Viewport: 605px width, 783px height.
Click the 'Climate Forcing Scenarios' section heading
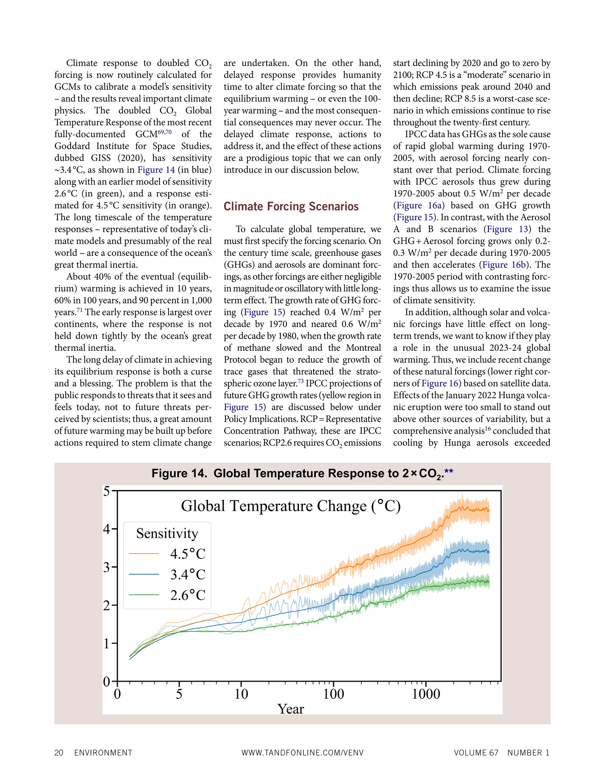[x=291, y=207]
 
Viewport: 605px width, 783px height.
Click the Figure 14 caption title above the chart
[x=302, y=474]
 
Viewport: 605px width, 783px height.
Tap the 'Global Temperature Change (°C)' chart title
[x=291, y=506]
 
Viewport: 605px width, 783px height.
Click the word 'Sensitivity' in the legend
[x=167, y=533]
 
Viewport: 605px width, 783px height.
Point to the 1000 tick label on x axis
[x=426, y=694]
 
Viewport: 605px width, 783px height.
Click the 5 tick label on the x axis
[x=179, y=694]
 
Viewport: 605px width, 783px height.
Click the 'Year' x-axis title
[x=291, y=709]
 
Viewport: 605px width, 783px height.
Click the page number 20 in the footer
[x=59, y=753]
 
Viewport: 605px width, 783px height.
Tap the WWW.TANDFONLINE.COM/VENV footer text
[x=302, y=753]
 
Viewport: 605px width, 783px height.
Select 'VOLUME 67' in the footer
[x=476, y=753]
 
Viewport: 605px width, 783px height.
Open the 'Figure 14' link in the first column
[x=156, y=170]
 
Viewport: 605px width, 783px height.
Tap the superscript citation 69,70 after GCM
[x=165, y=132]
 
